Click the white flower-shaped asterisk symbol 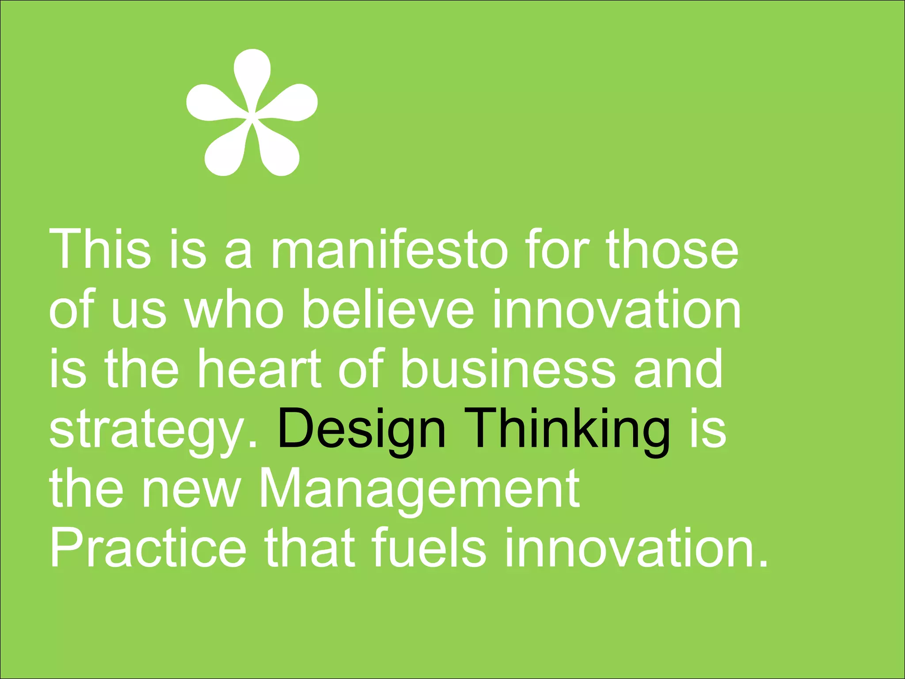tap(252, 113)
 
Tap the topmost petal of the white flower tap(252, 71)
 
